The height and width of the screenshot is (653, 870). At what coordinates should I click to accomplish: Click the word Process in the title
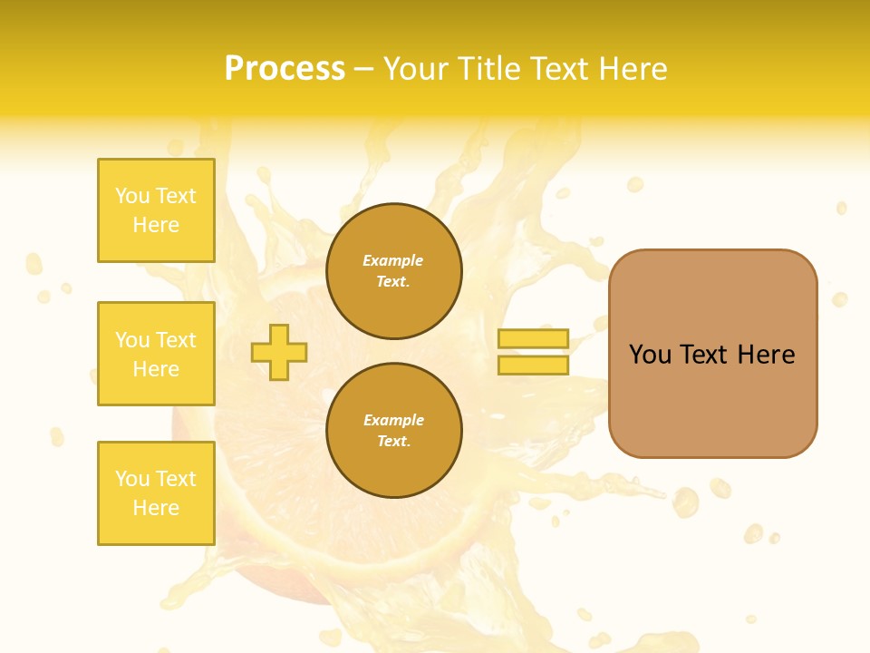[285, 69]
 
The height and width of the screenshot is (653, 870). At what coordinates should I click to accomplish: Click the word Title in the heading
[488, 69]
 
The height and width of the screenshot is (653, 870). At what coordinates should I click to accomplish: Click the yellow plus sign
[279, 352]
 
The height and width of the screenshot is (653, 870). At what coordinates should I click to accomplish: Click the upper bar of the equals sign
[533, 338]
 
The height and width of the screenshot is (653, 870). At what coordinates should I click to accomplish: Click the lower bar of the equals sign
[533, 365]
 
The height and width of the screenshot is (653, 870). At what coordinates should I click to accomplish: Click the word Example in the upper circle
[393, 260]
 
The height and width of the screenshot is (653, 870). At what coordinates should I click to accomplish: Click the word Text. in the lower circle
[393, 441]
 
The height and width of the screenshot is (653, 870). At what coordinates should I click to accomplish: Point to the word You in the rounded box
[650, 355]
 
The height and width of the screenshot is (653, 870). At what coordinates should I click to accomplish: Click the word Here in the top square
[156, 225]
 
